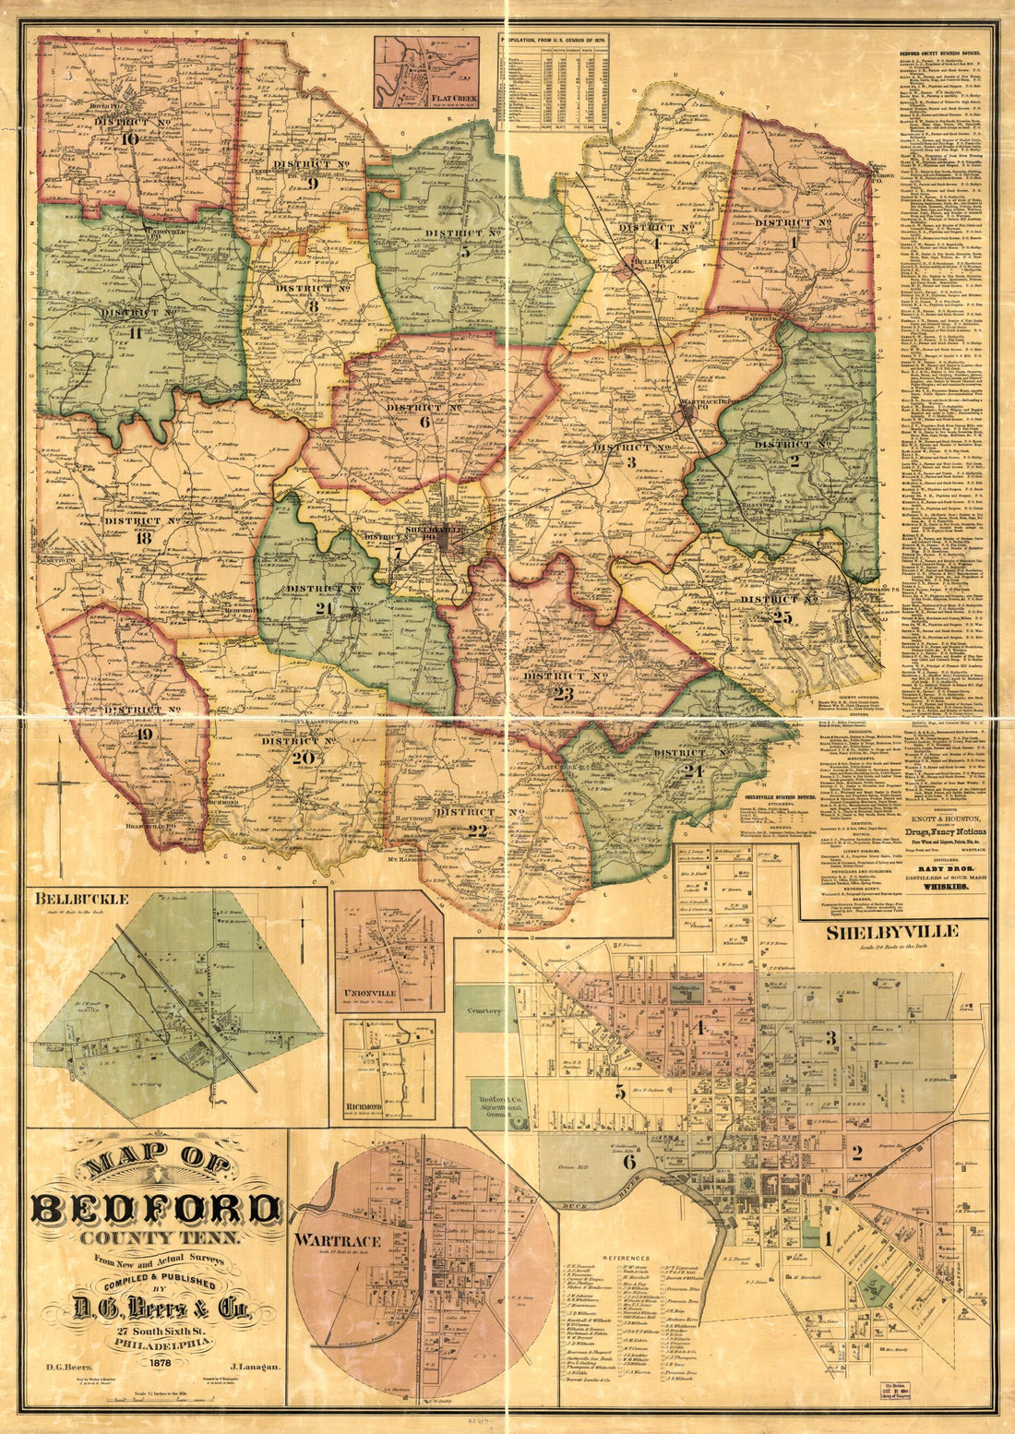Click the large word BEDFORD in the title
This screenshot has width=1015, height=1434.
pos(157,1210)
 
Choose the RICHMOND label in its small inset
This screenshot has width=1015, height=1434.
pos(365,1105)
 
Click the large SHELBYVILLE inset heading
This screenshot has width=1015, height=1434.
pos(891,931)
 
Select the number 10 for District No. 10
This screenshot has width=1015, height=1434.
pos(129,138)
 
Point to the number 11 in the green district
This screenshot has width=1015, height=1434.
pos(135,333)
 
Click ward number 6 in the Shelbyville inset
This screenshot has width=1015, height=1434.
pos(628,1163)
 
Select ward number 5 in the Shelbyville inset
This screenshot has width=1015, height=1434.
pos(621,1093)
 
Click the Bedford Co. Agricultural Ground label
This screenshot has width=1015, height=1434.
pos(500,1105)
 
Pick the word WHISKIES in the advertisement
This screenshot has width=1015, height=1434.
pos(936,886)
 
